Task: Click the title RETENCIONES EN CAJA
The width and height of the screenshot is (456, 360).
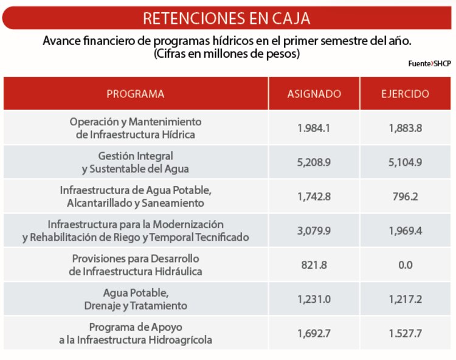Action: click(x=227, y=18)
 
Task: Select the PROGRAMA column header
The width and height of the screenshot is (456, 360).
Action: click(x=136, y=94)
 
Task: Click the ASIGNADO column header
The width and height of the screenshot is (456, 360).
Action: click(x=314, y=94)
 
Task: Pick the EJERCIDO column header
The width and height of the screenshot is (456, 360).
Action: click(x=405, y=94)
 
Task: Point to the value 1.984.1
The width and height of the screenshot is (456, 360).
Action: click(x=314, y=128)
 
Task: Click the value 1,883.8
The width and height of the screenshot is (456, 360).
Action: click(x=405, y=128)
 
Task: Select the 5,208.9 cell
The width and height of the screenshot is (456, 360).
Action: click(x=314, y=162)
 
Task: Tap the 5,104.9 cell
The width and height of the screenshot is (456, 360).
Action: click(x=405, y=162)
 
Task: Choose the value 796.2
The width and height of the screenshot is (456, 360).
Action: click(x=405, y=196)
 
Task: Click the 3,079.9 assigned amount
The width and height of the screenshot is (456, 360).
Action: click(x=314, y=231)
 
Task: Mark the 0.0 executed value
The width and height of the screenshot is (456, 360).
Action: click(x=405, y=265)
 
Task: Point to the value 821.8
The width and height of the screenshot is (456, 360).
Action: click(x=314, y=265)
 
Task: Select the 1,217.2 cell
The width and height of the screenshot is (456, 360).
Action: click(x=405, y=299)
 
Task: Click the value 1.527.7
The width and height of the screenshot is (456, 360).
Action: click(x=405, y=333)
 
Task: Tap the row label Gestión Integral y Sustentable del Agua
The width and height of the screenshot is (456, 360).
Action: click(x=136, y=162)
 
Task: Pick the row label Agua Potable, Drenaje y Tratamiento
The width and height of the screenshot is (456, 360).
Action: click(x=136, y=299)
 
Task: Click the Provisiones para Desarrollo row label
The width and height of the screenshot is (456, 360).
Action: click(x=136, y=265)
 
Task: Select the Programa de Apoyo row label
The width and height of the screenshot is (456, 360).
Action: click(x=136, y=333)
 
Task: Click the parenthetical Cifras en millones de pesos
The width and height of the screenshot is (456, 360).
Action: click(x=227, y=54)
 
